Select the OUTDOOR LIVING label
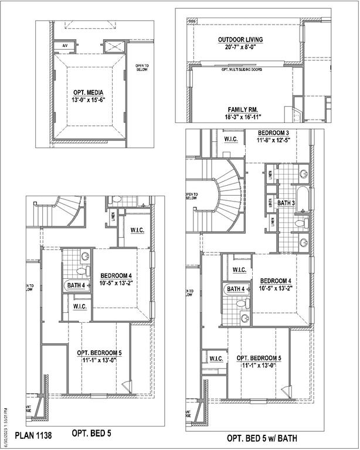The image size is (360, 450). click(240, 40)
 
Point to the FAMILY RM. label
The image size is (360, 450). click(243, 110)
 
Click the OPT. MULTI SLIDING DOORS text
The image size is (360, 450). click(242, 70)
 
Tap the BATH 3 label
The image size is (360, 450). click(286, 203)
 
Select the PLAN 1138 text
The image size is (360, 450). click(33, 435)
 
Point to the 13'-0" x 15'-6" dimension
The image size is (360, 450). click(90, 100)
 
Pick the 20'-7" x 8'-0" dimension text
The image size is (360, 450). click(240, 47)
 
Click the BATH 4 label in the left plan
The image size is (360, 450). click(76, 285)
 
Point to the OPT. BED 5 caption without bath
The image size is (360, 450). click(91, 434)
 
